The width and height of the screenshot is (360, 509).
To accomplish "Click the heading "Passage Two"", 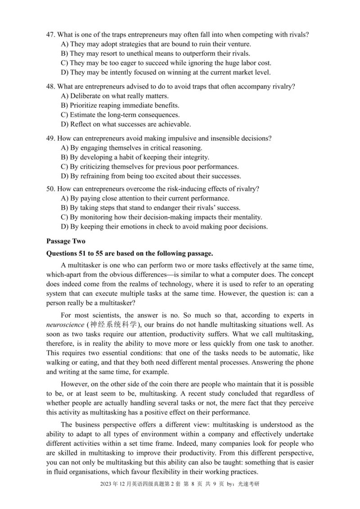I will pos(66,241).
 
